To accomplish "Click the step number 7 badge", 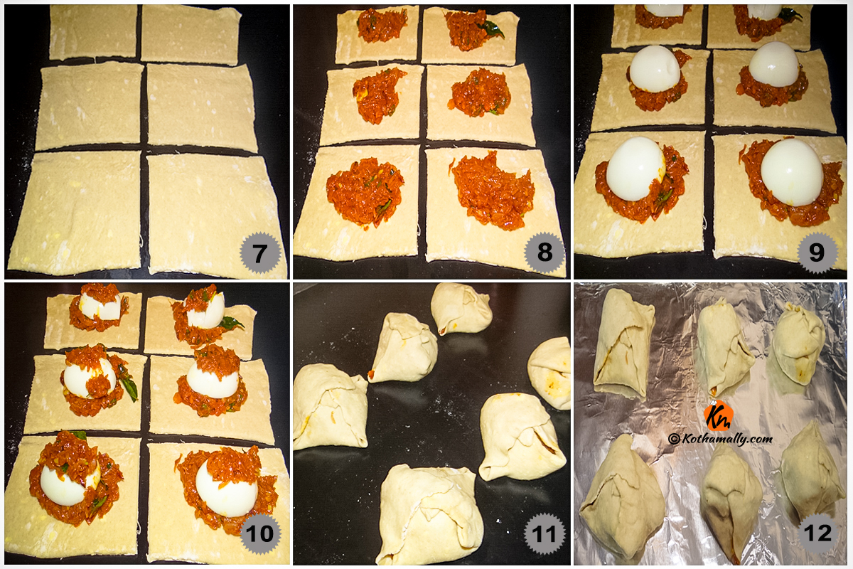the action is (x=260, y=252).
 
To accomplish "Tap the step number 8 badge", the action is (x=544, y=252).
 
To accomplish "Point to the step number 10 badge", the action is (x=260, y=533).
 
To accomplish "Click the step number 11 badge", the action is (x=544, y=533).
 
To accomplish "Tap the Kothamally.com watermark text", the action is (x=721, y=439).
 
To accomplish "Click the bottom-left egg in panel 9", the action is (x=635, y=169).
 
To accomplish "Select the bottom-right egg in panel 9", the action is (x=792, y=172).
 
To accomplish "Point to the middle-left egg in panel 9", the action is (x=654, y=68).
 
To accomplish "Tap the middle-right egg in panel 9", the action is (x=774, y=64).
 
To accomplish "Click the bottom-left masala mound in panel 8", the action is (x=365, y=191).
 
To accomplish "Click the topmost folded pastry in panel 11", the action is (x=461, y=309).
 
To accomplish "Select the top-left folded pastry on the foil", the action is (x=623, y=344).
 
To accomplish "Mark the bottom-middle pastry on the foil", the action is (x=731, y=503).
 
